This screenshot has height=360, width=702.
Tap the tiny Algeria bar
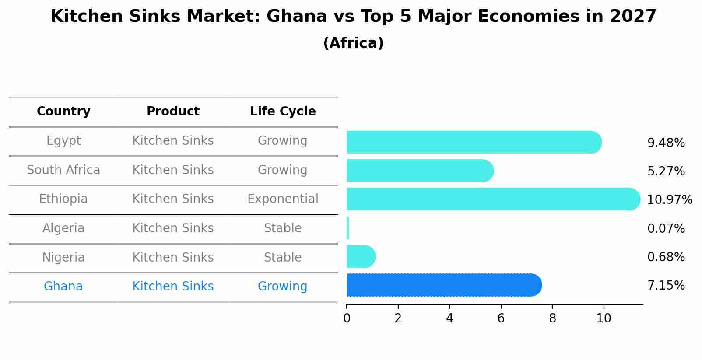[347, 228]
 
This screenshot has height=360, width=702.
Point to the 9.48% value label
[666, 143]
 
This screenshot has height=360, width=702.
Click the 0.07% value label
[666, 228]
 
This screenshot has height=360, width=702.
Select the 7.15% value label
[666, 286]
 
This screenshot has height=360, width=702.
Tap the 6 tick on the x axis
[501, 318]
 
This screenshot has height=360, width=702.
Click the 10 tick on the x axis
[604, 318]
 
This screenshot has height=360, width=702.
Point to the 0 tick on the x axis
[347, 318]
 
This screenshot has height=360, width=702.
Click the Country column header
[63, 112]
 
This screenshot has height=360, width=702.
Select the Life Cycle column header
[283, 112]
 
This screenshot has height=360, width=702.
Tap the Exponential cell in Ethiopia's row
[283, 199]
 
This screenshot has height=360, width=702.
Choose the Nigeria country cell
[63, 257]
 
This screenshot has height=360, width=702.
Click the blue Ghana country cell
[63, 287]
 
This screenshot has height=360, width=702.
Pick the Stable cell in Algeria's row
[283, 228]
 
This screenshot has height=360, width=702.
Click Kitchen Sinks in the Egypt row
[173, 141]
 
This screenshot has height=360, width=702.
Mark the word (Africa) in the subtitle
[353, 43]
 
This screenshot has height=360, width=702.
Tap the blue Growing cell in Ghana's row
[282, 287]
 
